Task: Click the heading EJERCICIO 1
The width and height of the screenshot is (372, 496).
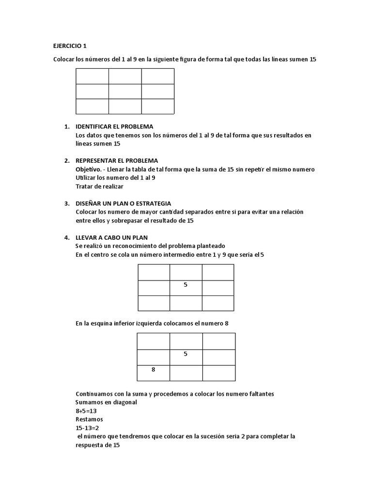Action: click(69, 46)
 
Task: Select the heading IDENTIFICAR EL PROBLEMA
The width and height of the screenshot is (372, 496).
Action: click(114, 126)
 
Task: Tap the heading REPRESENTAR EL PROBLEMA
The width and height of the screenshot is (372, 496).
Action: click(117, 160)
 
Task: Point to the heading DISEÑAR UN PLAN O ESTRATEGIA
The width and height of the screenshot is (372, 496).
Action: click(124, 203)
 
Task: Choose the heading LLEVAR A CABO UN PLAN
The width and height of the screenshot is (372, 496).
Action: click(112, 237)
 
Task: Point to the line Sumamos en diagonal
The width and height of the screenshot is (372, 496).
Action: click(106, 402)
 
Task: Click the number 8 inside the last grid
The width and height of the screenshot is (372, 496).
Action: click(153, 370)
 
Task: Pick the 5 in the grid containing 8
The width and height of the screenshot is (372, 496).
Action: click(186, 354)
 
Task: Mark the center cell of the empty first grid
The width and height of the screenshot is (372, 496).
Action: click(124, 91)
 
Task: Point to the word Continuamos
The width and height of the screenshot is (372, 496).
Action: click(95, 394)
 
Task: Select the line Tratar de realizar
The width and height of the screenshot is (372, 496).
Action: click(100, 186)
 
